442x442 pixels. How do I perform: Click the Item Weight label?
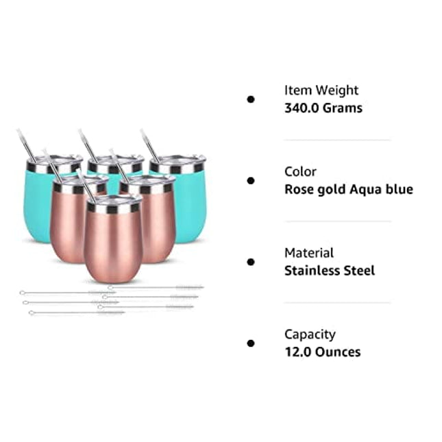coord(321,90)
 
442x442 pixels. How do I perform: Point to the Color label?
coord(301,171)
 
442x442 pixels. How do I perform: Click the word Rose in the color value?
coord(299,189)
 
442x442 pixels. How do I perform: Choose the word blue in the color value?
coord(399,189)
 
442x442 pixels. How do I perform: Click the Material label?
coord(309,253)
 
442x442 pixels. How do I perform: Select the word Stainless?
coord(313,271)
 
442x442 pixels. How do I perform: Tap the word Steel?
coord(360,271)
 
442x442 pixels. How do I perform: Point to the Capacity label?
coord(310,334)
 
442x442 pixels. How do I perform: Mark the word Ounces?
coord(339,352)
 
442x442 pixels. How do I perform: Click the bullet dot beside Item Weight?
coord(251,99)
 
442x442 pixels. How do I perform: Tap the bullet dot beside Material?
coord(251,262)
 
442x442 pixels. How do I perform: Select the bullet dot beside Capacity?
coord(251,343)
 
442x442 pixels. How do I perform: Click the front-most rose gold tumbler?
coord(113,243)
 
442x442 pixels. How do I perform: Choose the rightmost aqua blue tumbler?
coord(188,202)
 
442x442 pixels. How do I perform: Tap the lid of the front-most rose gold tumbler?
coord(114,201)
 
